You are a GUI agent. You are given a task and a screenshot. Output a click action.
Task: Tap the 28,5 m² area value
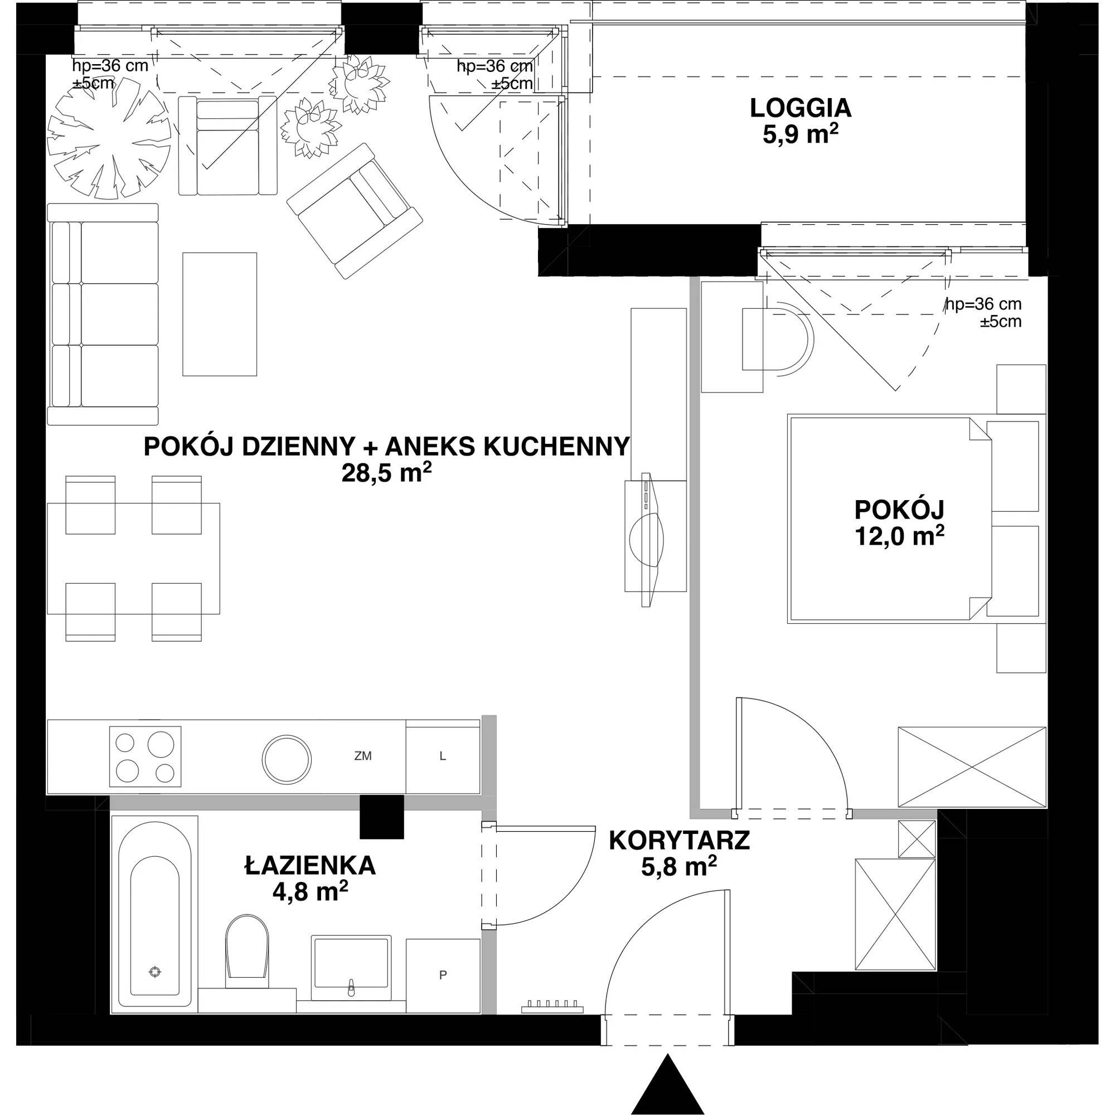[387, 473]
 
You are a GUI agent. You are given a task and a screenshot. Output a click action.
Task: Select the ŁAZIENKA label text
[311, 866]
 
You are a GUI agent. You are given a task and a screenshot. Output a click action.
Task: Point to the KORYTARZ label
[679, 841]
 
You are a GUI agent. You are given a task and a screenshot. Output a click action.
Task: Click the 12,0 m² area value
[900, 537]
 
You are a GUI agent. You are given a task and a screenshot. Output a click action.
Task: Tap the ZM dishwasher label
[363, 756]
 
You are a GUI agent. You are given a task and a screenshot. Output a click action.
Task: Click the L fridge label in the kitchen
[443, 756]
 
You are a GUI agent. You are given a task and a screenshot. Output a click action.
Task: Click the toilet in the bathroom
[247, 958]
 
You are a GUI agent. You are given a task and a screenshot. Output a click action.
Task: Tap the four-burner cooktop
[146, 756]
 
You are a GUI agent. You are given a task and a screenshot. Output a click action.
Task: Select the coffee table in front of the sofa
[220, 314]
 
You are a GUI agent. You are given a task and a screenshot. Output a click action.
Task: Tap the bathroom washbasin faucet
[350, 988]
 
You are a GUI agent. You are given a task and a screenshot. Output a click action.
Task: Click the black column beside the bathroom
[381, 817]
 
